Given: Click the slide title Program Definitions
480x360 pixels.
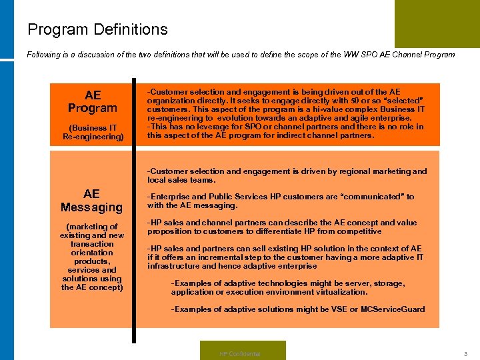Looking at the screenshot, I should pyautogui.click(x=97, y=30).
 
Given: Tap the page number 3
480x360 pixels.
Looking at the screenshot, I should pyautogui.click(x=465, y=353).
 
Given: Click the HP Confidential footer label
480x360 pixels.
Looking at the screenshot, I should pyautogui.click(x=240, y=353).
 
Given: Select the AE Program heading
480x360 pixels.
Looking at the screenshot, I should pyautogui.click(x=92, y=101).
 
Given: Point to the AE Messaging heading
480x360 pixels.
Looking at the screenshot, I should pyautogui.click(x=91, y=201).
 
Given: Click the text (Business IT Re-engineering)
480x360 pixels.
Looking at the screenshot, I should pyautogui.click(x=92, y=132).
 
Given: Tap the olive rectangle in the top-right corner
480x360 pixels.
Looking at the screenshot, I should pyautogui.click(x=437, y=23).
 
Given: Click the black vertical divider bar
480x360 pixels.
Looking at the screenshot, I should pyautogui.click(x=133, y=200).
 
